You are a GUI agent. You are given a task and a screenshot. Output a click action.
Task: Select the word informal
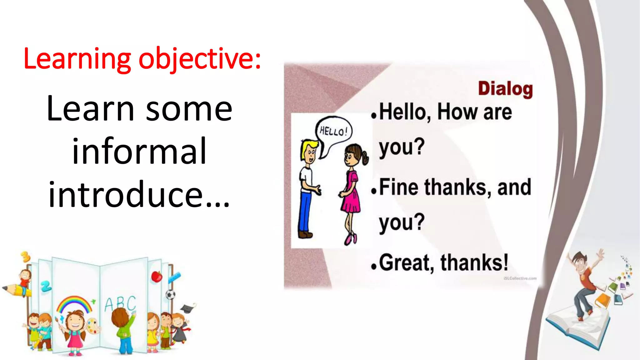(x=139, y=151)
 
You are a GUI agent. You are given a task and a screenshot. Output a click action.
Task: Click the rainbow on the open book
(x=74, y=303)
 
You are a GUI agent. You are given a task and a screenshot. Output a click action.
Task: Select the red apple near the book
(x=157, y=277)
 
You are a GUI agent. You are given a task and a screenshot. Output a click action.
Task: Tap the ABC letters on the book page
(x=120, y=303)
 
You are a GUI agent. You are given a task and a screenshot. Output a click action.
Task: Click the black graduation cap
(x=188, y=308)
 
